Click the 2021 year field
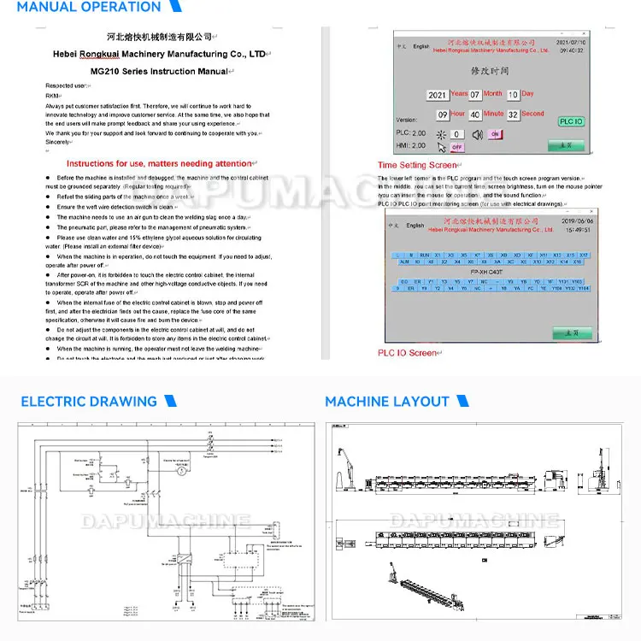(x=438, y=95)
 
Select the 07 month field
(x=475, y=95)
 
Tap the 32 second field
(x=513, y=115)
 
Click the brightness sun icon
(x=442, y=134)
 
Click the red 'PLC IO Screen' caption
(x=407, y=352)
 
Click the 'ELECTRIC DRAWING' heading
(x=89, y=401)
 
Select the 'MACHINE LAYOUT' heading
(x=387, y=401)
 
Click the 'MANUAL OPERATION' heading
(x=89, y=8)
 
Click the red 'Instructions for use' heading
(x=159, y=163)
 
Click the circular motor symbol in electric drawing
(x=180, y=471)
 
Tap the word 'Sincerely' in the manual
(x=58, y=142)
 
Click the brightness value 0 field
(x=458, y=134)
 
